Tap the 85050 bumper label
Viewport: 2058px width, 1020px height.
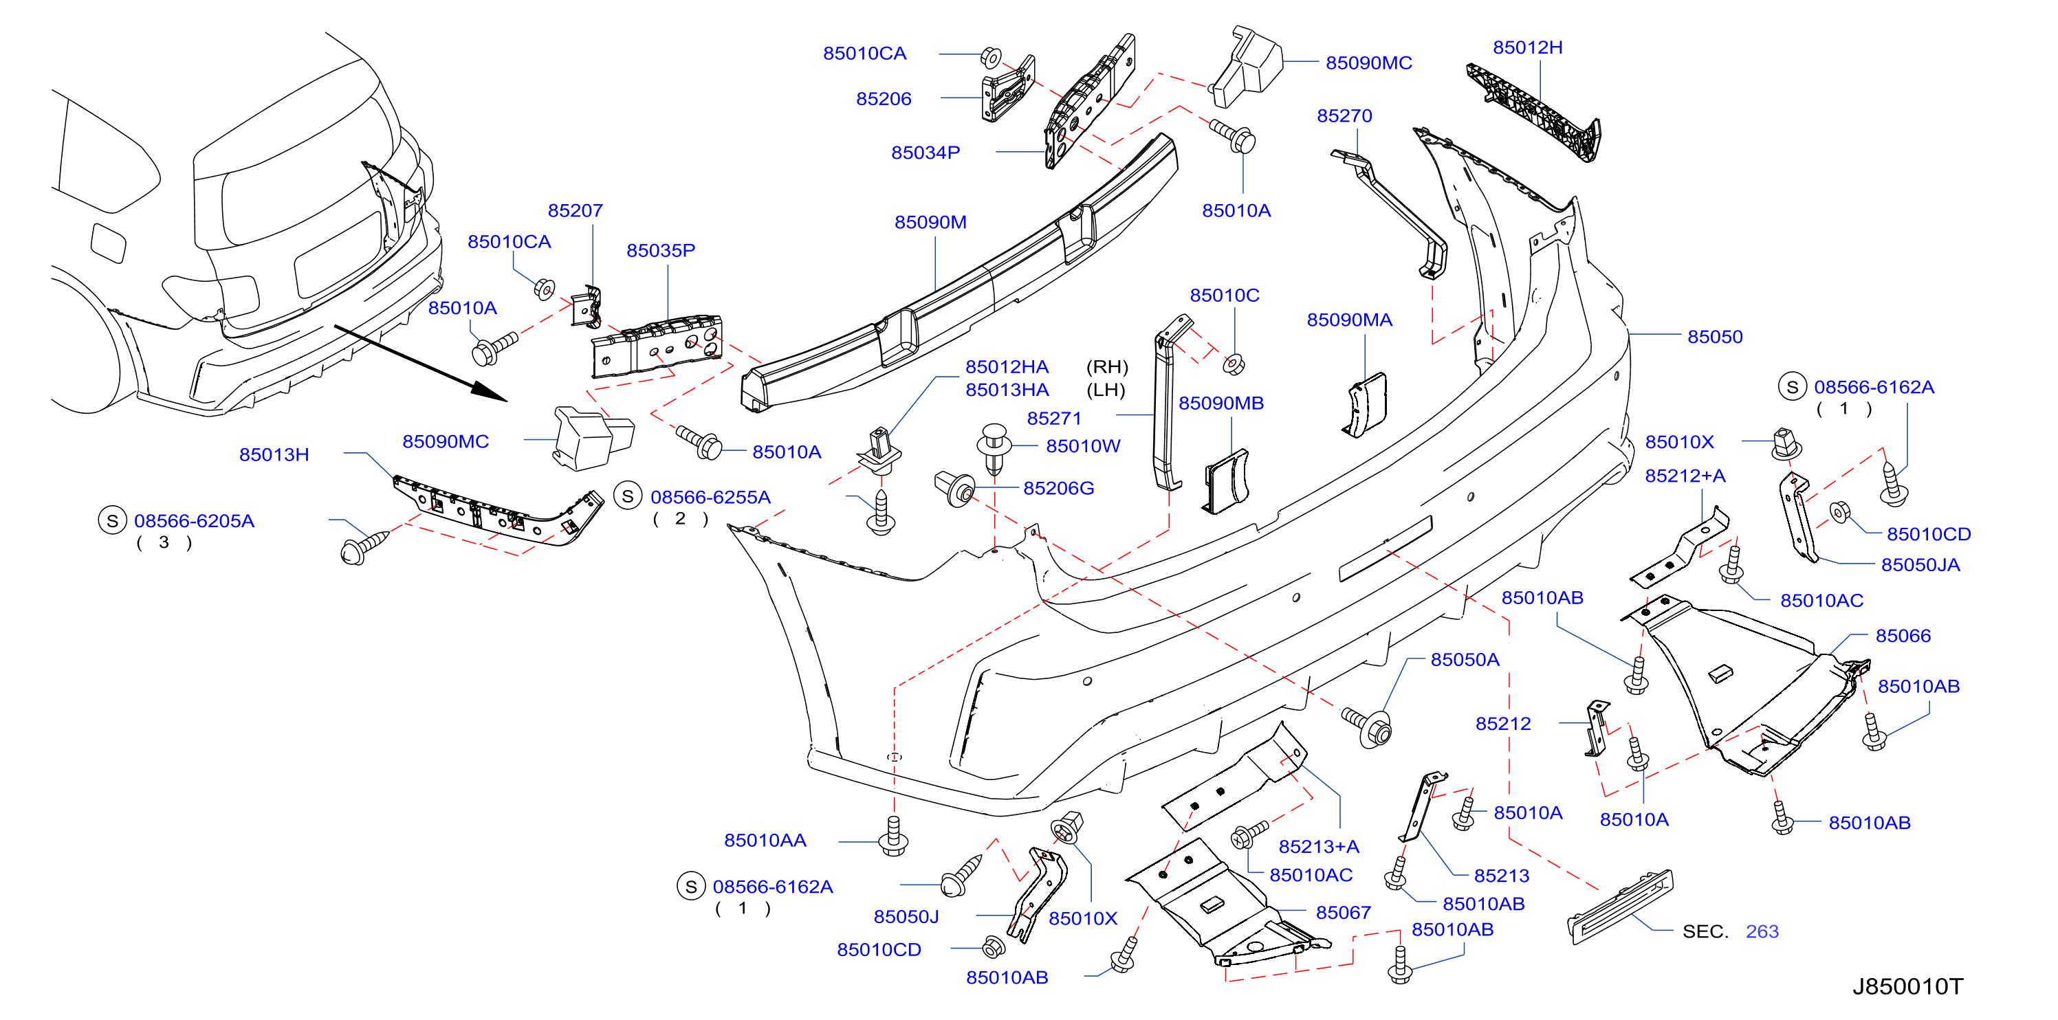[1714, 337]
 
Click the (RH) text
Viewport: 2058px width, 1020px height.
[1106, 366]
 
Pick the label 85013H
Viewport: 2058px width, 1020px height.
[274, 454]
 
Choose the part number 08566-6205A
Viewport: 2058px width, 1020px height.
[194, 521]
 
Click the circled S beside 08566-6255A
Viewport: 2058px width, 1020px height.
[628, 496]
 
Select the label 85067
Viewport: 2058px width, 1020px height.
[1343, 912]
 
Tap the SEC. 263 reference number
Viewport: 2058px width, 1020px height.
[1762, 931]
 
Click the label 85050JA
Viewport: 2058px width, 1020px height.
[1920, 565]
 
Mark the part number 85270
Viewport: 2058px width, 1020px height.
[1344, 116]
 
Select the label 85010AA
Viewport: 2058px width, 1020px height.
[765, 841]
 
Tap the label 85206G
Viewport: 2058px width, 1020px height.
[1058, 488]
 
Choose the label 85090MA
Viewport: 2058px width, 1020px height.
[1348, 320]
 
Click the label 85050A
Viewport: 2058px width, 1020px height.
[1465, 660]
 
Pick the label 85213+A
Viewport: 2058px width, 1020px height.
[1318, 847]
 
